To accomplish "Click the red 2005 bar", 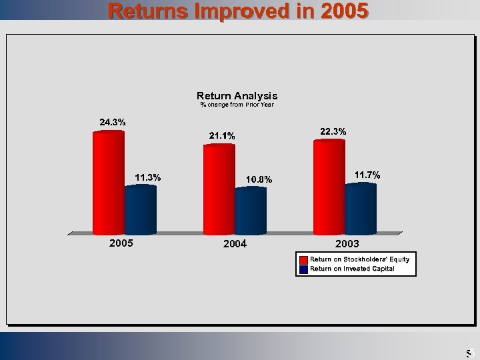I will (109, 181).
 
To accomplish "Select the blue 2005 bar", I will (141, 209).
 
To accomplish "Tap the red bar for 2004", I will (219, 188).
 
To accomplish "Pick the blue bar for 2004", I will (251, 211).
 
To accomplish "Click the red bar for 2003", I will (329, 186).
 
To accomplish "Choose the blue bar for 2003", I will (361, 208).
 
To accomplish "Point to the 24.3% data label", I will (112, 122).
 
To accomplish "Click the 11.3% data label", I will (147, 177).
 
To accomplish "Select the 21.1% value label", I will (222, 136).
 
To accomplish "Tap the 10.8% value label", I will (259, 179).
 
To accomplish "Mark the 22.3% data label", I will (333, 132).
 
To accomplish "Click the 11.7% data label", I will (367, 175).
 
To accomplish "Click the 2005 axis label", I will (121, 243).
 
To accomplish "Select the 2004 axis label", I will (235, 243).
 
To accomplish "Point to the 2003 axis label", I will (347, 243).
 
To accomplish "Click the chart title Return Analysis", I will (237, 96).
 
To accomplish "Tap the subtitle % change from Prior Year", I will (237, 105).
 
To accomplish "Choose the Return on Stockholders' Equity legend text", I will (360, 259).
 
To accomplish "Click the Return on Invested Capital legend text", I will (352, 269).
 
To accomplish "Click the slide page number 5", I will (469, 353).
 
